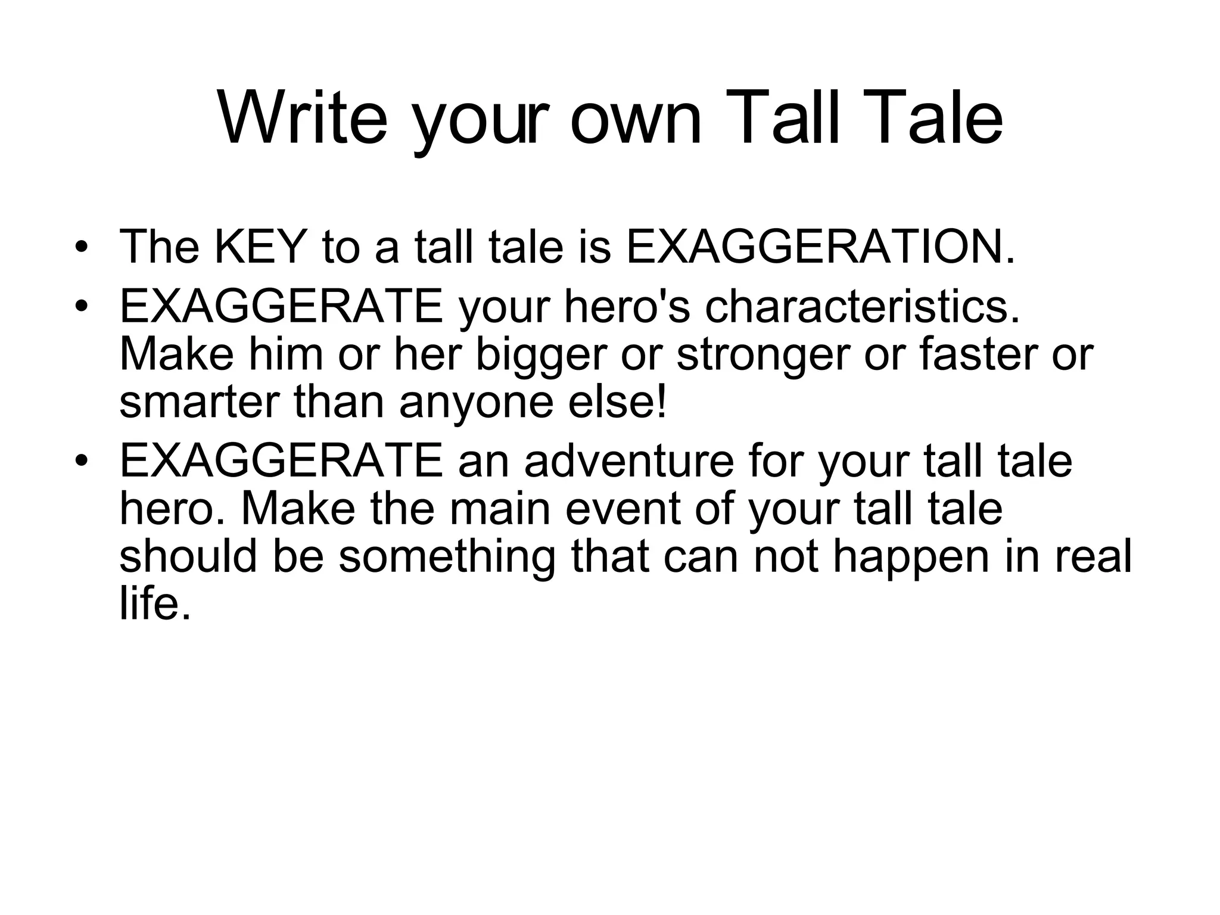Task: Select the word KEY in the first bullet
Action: pos(260,247)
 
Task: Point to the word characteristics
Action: pos(861,307)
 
